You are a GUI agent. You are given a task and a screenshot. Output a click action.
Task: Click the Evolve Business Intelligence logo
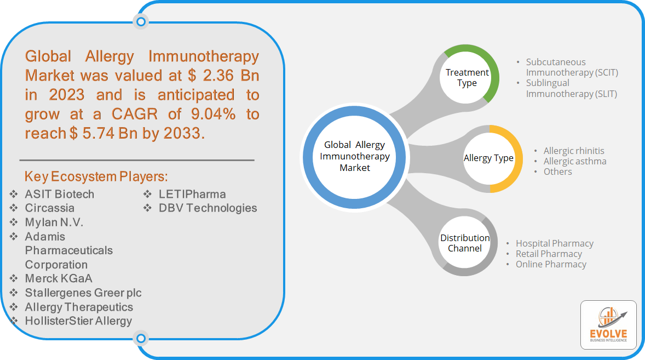(x=608, y=324)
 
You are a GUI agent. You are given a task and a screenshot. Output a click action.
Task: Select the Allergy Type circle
(x=489, y=159)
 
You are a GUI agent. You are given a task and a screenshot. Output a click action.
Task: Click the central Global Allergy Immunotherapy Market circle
(x=355, y=157)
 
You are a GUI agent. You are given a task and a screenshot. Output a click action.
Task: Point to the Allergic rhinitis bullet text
(x=573, y=151)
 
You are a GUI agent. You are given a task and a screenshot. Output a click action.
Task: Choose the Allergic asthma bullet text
(x=575, y=161)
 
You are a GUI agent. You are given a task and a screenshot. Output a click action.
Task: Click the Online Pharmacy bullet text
(x=551, y=264)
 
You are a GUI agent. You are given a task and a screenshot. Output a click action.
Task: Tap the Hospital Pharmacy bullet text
(x=555, y=243)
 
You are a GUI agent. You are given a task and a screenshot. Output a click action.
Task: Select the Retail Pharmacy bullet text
(x=549, y=254)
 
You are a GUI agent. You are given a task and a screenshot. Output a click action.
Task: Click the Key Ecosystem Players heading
(x=96, y=176)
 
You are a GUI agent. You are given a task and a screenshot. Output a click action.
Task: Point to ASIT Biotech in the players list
(x=59, y=194)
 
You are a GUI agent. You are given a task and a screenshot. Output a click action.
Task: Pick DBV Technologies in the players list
(x=208, y=208)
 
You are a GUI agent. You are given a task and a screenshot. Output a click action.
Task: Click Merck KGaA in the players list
(x=59, y=278)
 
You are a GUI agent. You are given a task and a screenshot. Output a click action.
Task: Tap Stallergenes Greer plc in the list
(x=83, y=293)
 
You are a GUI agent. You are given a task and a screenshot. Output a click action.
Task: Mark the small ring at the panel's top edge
(x=141, y=21)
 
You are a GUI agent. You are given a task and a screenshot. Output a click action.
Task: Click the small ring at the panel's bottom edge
(x=141, y=338)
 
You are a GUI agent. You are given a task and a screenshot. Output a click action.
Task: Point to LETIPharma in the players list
(x=192, y=194)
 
